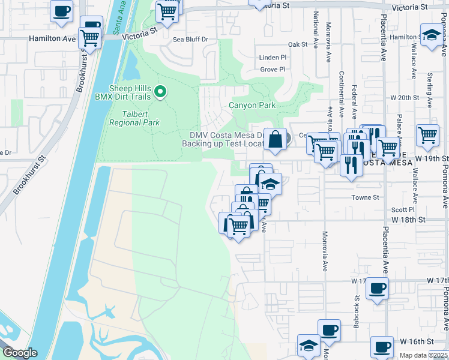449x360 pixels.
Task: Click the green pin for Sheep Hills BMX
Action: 160,92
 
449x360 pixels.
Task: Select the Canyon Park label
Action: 252,106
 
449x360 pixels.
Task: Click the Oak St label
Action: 297,44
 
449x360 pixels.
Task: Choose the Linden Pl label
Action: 273,57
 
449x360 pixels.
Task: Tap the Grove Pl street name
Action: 273,70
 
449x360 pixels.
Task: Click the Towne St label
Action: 368,197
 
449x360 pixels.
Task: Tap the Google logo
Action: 19,353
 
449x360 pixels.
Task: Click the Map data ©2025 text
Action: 423,355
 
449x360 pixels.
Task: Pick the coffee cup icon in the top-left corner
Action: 61,11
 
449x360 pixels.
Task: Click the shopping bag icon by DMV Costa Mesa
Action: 275,139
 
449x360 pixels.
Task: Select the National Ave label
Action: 315,35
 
